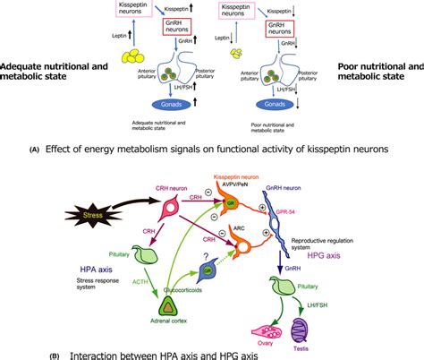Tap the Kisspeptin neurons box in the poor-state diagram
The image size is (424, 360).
coord(248,12)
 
